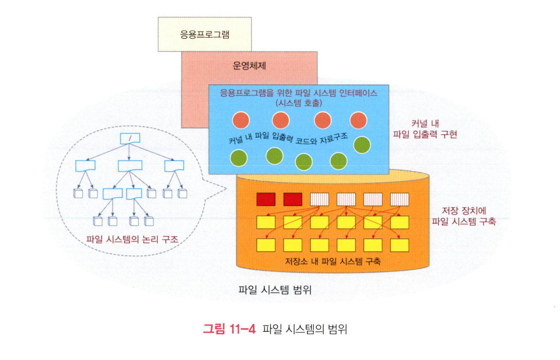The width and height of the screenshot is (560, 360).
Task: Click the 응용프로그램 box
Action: click(204, 34)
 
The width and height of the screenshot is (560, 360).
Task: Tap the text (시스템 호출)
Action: click(298, 103)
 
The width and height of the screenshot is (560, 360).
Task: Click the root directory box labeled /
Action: click(127, 139)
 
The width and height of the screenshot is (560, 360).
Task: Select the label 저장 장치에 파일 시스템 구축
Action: click(463, 216)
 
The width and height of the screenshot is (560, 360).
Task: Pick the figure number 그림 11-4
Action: click(229, 329)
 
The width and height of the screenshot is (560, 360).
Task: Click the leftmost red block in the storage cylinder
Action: click(265, 199)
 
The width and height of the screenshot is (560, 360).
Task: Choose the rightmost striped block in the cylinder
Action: click(399, 199)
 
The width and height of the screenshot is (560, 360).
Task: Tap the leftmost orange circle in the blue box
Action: click(240, 120)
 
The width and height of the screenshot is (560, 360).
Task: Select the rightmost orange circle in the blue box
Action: click(358, 120)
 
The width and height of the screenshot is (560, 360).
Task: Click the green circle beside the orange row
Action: click(362, 145)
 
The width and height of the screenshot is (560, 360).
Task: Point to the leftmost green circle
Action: click(239, 158)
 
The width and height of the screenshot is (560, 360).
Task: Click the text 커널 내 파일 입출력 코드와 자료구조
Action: click(289, 139)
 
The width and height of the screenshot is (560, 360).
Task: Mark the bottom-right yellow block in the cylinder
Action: click(399, 245)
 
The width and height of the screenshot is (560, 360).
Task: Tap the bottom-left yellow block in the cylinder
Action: click(265, 245)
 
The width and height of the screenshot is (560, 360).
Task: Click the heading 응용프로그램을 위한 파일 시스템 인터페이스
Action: click(298, 93)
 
